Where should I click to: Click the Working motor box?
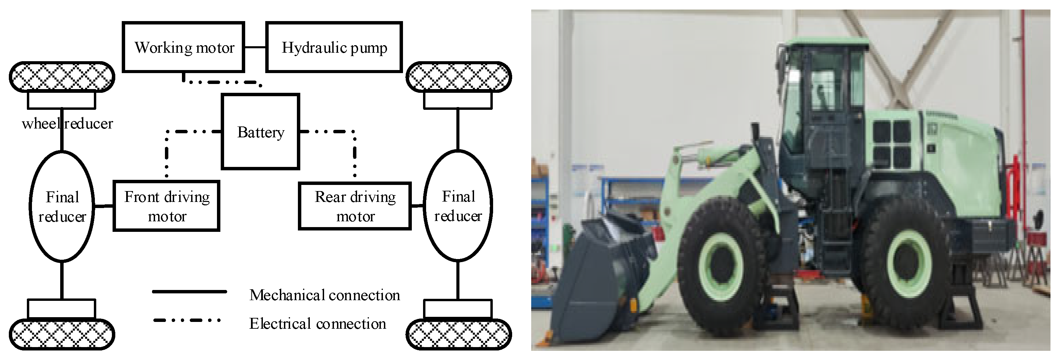click(x=184, y=47)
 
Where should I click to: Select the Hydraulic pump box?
click(x=334, y=47)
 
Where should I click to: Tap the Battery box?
click(x=260, y=132)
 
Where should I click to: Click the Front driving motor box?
click(x=167, y=206)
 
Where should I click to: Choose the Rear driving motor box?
click(x=355, y=206)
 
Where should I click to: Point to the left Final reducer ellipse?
click(x=62, y=206)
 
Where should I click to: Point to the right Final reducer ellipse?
click(x=458, y=206)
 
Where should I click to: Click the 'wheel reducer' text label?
click(x=67, y=123)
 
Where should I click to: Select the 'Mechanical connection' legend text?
click(x=324, y=295)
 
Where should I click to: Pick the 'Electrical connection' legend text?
click(x=317, y=324)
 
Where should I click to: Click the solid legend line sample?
click(x=189, y=292)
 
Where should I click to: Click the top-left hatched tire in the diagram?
click(x=62, y=76)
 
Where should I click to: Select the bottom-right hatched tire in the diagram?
click(x=458, y=334)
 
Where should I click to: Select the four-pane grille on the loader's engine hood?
click(x=892, y=144)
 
